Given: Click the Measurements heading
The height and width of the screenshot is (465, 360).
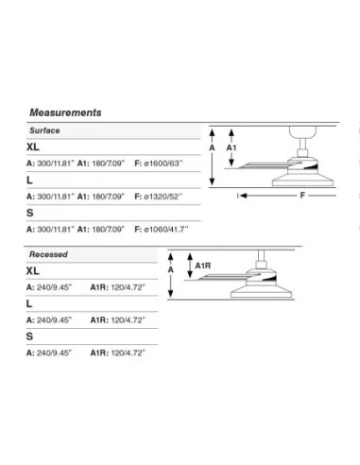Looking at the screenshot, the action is (x=65, y=112).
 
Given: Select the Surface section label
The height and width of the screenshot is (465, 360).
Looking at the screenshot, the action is (x=44, y=130).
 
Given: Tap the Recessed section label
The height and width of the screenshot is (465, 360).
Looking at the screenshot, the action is (x=48, y=254).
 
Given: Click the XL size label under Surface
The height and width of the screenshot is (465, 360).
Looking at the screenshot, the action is (x=33, y=146).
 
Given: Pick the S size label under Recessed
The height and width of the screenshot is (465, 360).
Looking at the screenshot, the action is (x=29, y=336).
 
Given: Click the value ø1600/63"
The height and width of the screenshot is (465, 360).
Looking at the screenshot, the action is (x=163, y=164).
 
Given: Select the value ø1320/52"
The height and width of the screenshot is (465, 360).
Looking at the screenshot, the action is (x=163, y=197).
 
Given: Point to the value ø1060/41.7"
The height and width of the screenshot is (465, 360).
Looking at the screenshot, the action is (x=166, y=229).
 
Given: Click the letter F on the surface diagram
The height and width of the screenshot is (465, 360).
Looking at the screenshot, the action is (x=302, y=196).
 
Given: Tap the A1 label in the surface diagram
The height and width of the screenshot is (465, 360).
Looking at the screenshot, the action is (x=231, y=147).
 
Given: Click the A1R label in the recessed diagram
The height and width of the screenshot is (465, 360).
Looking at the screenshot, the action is (x=203, y=266).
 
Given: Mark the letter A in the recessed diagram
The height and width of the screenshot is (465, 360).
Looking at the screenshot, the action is (x=171, y=270).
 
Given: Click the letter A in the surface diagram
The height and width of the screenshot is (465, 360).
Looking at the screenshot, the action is (x=212, y=147).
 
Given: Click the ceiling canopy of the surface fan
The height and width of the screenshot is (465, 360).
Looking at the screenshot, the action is (x=302, y=132).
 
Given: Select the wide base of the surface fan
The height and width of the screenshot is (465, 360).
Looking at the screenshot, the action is (x=302, y=181).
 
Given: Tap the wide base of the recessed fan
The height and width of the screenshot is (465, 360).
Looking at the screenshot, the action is (x=261, y=293).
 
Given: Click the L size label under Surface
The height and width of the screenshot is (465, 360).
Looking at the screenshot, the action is (x=29, y=181).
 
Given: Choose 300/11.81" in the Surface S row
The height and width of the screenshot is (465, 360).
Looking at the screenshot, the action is (x=56, y=229).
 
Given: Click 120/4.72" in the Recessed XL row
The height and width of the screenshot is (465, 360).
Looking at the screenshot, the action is (x=129, y=287).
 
